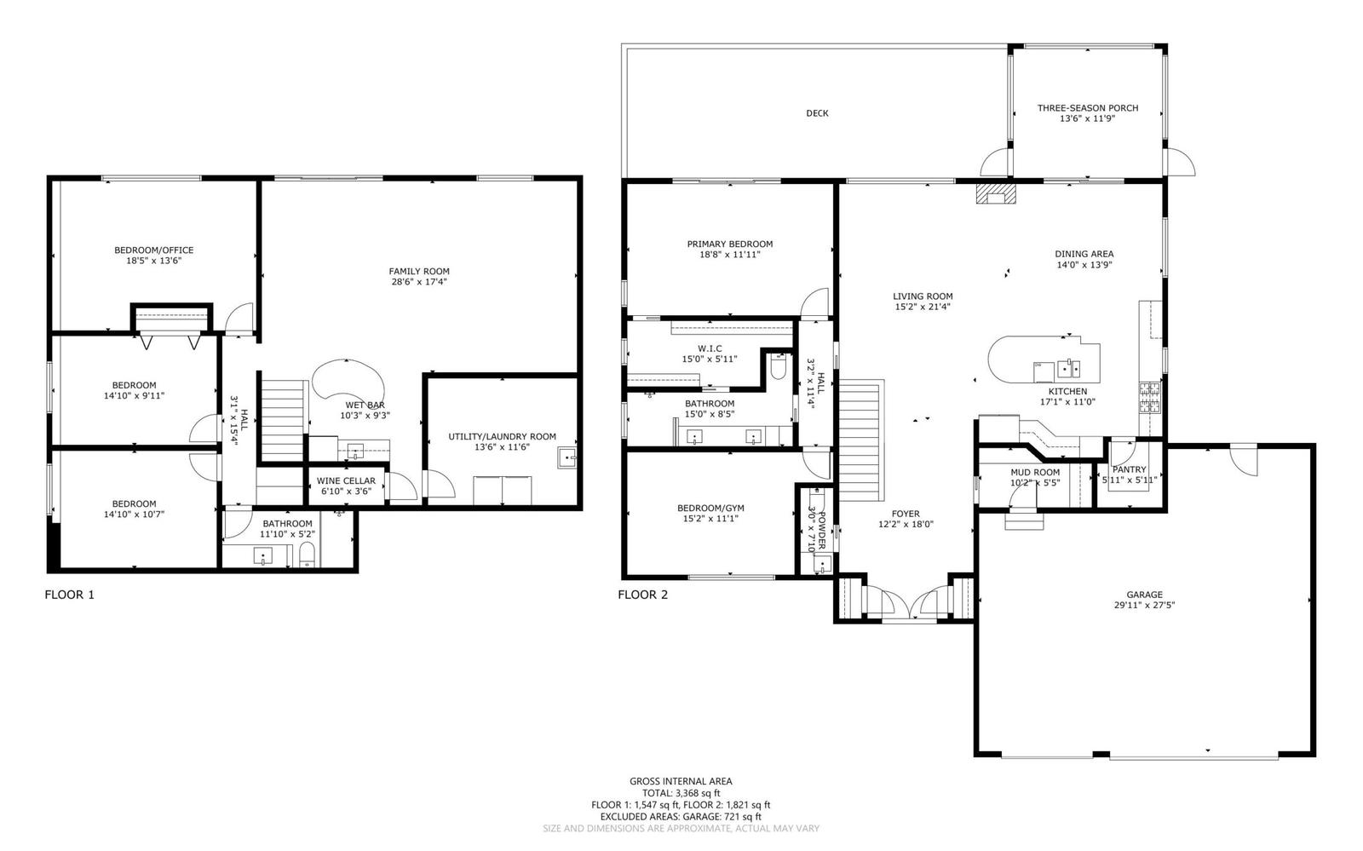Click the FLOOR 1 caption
[69, 595]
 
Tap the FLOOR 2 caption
[642, 595]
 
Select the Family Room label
[419, 271]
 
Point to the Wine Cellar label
[346, 480]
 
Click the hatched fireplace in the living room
[996, 193]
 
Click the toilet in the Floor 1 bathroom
[307, 555]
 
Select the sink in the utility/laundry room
[566, 458]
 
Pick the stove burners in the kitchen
[1149, 397]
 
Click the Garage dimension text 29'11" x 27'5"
[1144, 606]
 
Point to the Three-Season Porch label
[1088, 108]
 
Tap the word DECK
[817, 113]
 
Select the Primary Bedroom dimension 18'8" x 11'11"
[730, 255]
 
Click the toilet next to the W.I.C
[779, 367]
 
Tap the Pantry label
[1130, 469]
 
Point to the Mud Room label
[1035, 472]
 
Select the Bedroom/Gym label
[710, 508]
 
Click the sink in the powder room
[822, 565]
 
